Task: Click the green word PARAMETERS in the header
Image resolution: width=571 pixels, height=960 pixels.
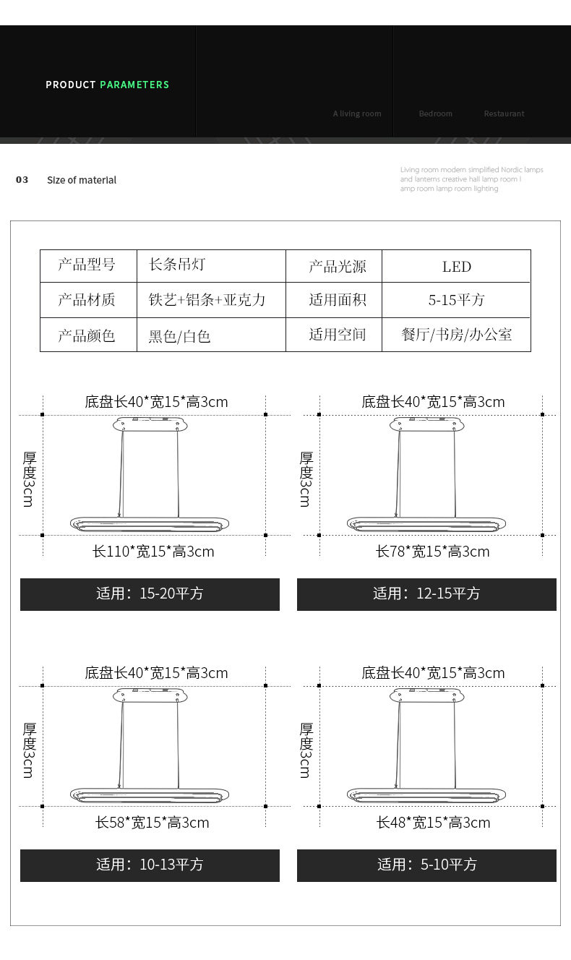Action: (x=134, y=85)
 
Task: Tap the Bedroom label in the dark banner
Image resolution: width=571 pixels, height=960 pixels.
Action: (x=435, y=113)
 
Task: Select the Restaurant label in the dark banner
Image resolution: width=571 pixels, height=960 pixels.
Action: (x=504, y=113)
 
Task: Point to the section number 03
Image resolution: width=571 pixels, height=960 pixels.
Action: (x=22, y=180)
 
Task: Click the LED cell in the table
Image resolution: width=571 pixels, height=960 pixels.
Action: (x=456, y=267)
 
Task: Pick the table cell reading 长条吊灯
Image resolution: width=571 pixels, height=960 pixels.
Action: (x=177, y=265)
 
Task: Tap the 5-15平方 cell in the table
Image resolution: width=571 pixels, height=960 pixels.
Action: (x=456, y=300)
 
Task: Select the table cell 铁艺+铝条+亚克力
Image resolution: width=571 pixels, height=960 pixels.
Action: (x=207, y=300)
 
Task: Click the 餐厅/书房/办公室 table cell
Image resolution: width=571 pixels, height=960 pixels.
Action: (x=456, y=335)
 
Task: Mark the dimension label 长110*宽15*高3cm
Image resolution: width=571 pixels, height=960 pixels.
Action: (x=153, y=552)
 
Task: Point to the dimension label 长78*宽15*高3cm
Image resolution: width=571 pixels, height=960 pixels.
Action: (x=432, y=552)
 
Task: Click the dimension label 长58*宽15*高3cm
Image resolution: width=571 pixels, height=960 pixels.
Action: (x=153, y=823)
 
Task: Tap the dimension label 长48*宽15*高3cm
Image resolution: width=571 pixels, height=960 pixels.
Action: (x=433, y=823)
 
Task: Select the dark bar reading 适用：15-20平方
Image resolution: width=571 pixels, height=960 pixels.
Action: (x=150, y=594)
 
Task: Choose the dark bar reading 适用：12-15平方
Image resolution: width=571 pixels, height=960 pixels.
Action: (x=426, y=594)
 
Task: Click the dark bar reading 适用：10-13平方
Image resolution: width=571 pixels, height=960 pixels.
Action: (x=150, y=865)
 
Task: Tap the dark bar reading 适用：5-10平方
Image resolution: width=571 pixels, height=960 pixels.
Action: (x=426, y=865)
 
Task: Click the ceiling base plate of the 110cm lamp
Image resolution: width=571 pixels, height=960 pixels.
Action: (x=150, y=424)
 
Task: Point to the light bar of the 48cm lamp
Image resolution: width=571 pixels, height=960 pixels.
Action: (x=426, y=795)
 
